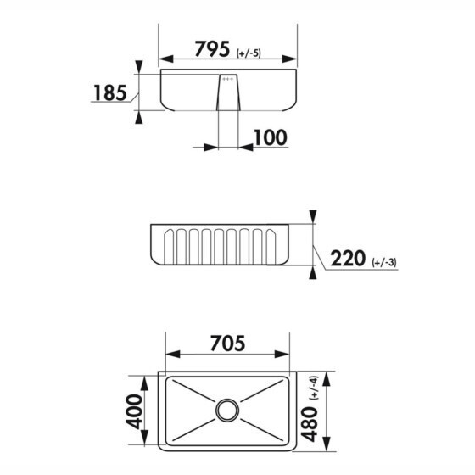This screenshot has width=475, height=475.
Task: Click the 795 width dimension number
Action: pyautogui.click(x=212, y=49)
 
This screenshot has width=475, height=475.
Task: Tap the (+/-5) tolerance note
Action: pyautogui.click(x=249, y=53)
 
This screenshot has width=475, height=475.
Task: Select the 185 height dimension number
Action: pyautogui.click(x=110, y=93)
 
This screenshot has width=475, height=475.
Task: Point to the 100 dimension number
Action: pyautogui.click(x=271, y=137)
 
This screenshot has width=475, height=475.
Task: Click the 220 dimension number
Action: pyautogui.click(x=348, y=259)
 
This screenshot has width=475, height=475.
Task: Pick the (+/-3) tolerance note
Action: pyautogui.click(x=384, y=262)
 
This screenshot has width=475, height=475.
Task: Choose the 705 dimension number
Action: pyautogui.click(x=227, y=344)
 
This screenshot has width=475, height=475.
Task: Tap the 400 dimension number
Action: pyautogui.click(x=134, y=411)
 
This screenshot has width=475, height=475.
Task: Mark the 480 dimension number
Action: pyautogui.click(x=309, y=424)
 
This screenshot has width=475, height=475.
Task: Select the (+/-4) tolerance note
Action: pyautogui.click(x=314, y=388)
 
